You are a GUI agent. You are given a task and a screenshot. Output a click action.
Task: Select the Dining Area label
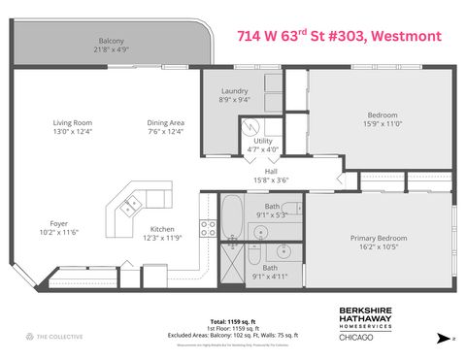click(165, 122)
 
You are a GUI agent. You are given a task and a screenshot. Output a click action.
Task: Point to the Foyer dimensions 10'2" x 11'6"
click(60, 233)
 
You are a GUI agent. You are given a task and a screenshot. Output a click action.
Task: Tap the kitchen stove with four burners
click(208, 228)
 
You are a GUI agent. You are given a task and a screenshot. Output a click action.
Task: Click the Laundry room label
click(235, 91)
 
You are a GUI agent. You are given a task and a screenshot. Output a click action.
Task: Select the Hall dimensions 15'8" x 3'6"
click(271, 180)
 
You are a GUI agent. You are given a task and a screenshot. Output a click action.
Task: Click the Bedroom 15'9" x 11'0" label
click(381, 115)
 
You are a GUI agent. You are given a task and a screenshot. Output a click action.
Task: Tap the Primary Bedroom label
click(379, 238)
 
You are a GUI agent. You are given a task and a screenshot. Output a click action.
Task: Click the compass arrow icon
click(443, 338)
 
